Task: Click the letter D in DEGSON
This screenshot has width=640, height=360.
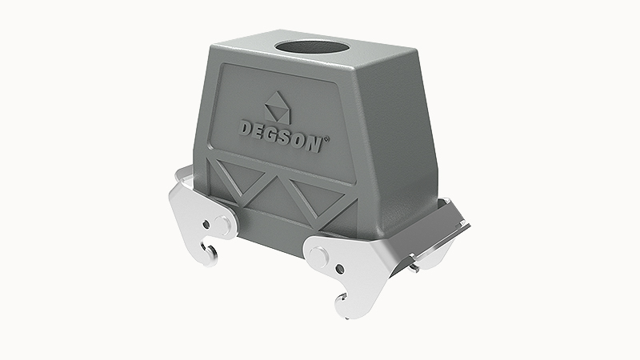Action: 246,127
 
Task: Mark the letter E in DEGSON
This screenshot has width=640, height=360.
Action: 261,130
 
